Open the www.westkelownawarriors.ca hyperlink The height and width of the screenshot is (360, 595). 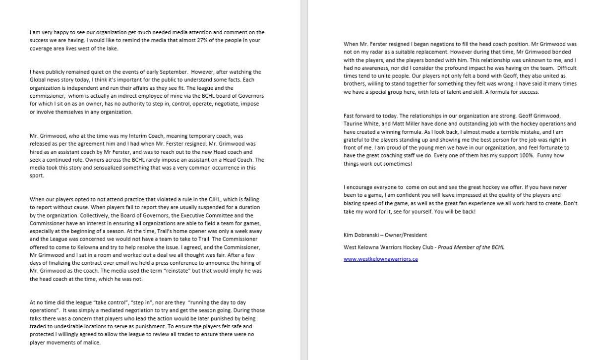point(380,259)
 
